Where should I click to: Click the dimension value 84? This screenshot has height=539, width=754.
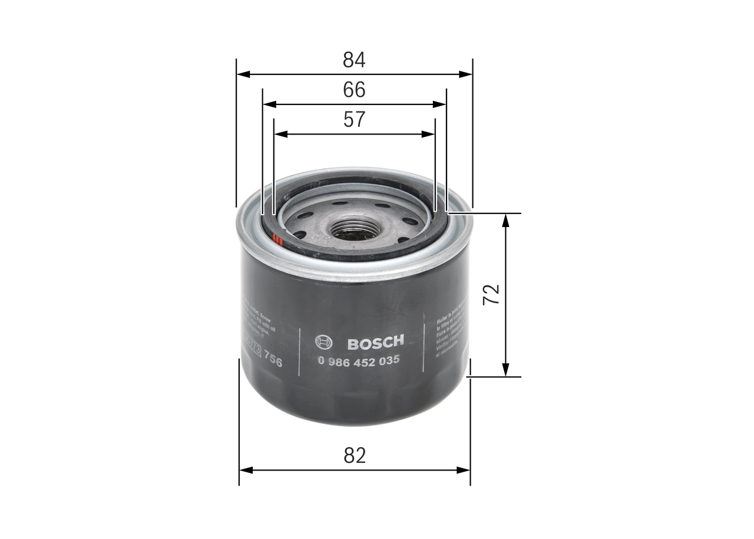(x=354, y=60)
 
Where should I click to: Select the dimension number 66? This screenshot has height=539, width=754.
(x=354, y=90)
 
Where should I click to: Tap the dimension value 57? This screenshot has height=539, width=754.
(x=354, y=120)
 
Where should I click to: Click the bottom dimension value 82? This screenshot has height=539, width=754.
(x=354, y=455)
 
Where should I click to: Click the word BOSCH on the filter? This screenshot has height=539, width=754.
(x=375, y=343)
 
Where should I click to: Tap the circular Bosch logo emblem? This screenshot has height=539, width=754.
(x=324, y=343)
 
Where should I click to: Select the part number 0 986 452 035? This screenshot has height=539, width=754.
(x=359, y=360)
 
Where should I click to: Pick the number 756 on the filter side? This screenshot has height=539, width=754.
(x=273, y=359)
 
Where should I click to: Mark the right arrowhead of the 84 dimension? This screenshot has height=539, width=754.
(x=465, y=74)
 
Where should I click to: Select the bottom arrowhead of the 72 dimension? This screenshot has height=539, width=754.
(x=505, y=369)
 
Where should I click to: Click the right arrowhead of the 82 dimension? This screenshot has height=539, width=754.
(x=464, y=470)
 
